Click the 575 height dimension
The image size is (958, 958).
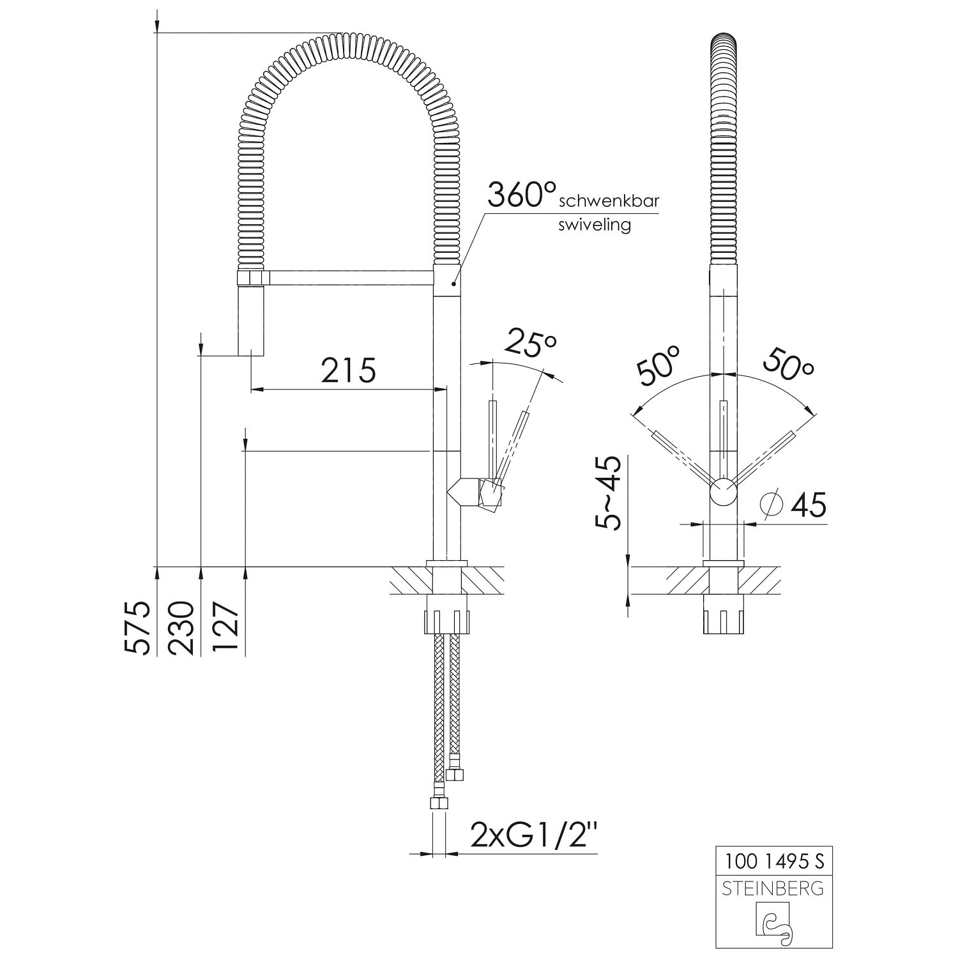pyautogui.click(x=137, y=628)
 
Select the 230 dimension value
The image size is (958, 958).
pyautogui.click(x=182, y=628)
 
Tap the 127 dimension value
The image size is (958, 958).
pyautogui.click(x=225, y=628)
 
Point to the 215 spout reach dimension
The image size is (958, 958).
pyautogui.click(x=348, y=370)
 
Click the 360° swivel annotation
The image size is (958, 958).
pyautogui.click(x=522, y=194)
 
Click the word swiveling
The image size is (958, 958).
pyautogui.click(x=595, y=225)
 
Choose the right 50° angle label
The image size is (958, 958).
pyautogui.click(x=790, y=366)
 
